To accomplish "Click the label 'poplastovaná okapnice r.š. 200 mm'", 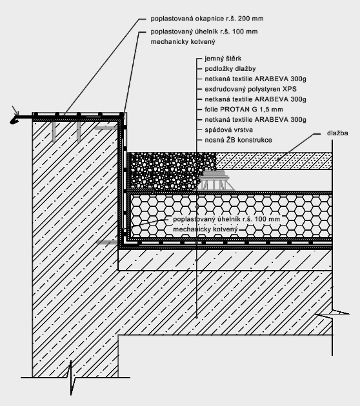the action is [x=207, y=19].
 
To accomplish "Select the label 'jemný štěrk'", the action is [x=223, y=59].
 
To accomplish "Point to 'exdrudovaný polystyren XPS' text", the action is [x=250, y=90].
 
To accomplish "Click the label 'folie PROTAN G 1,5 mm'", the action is [x=244, y=110].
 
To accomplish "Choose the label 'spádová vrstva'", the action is [x=228, y=130].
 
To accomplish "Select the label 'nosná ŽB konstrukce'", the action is [x=238, y=140].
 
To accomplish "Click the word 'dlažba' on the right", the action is [x=337, y=133].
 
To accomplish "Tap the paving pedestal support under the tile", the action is [x=215, y=180].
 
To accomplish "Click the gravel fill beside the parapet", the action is [x=168, y=171].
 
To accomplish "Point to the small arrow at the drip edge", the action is [x=15, y=111].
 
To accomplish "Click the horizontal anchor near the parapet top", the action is [x=106, y=128].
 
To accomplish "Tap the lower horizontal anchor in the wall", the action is [x=107, y=242].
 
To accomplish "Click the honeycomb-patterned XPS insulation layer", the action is [x=231, y=217].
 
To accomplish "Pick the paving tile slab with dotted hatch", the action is [x=274, y=161].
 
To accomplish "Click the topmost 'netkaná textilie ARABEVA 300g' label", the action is [x=255, y=79].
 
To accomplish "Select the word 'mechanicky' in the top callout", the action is [x=168, y=42].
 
